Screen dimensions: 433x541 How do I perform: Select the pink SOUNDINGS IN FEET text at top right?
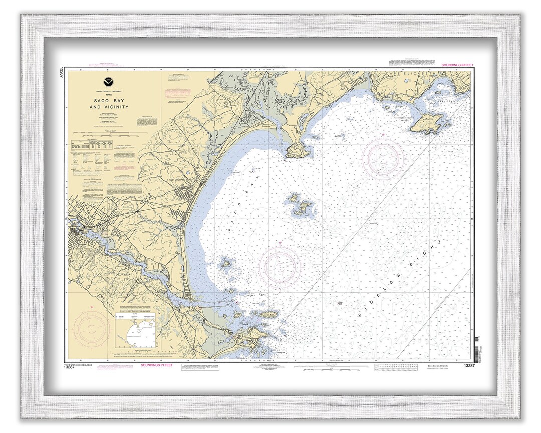457,66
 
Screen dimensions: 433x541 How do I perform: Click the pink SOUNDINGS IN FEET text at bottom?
156,365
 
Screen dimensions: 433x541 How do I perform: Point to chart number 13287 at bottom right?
469,366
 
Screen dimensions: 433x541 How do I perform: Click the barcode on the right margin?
477,346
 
